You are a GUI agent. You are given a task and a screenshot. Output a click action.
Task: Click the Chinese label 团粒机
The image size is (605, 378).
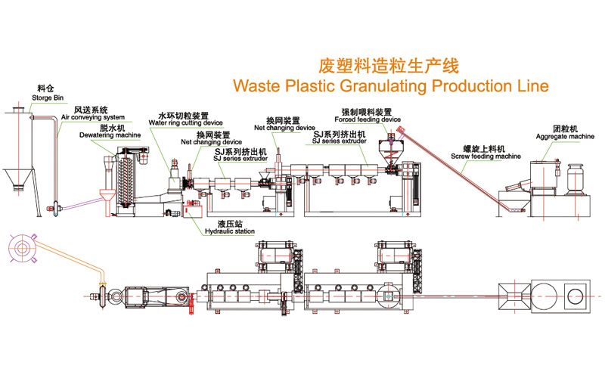click(561, 129)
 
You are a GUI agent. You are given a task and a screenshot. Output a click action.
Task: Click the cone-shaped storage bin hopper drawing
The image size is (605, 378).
click(20, 181)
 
